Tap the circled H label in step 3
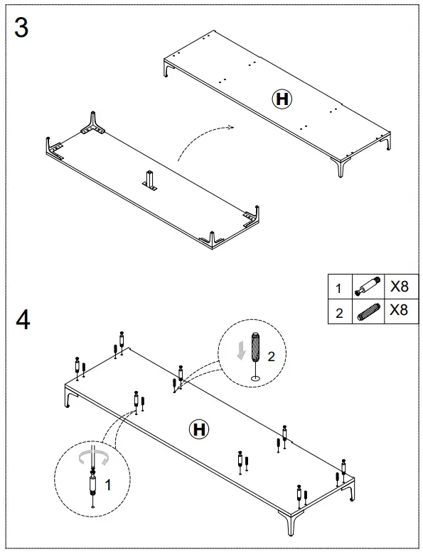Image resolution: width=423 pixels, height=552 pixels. click(282, 99)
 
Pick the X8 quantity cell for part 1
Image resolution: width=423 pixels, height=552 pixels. click(399, 287)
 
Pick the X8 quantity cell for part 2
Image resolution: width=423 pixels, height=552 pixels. click(399, 311)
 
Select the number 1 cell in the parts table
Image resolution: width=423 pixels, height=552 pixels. click(339, 289)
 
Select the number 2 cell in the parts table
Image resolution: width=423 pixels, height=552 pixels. click(339, 312)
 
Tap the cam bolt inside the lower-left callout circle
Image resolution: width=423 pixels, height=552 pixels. click(92, 485)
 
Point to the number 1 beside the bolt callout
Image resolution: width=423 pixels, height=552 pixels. click(108, 485)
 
